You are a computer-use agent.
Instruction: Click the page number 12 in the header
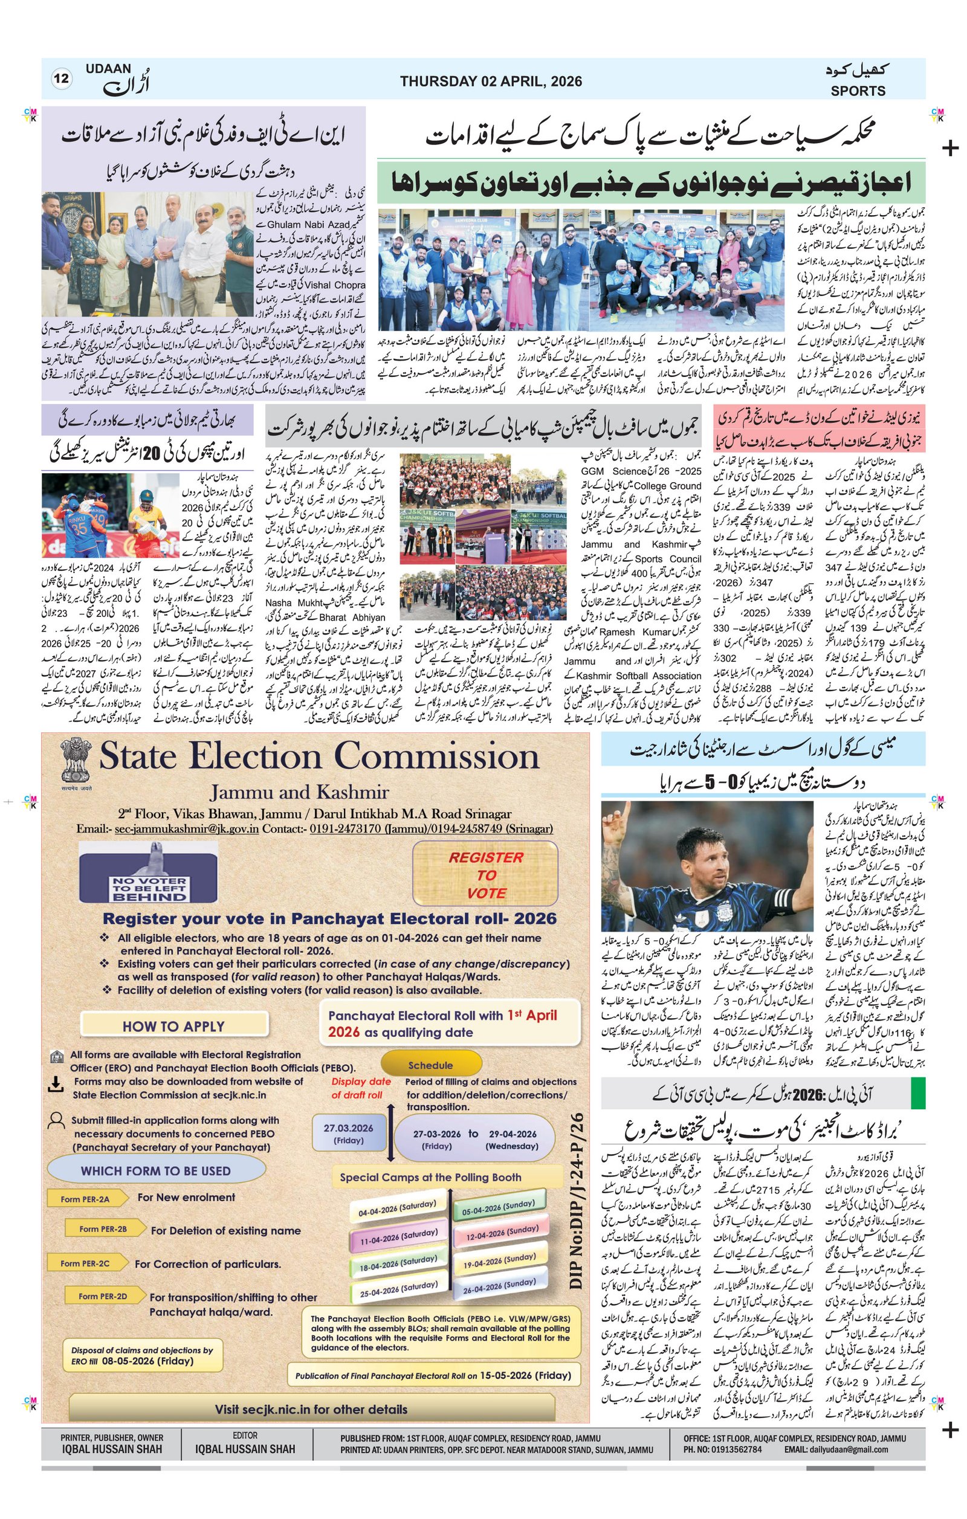click(x=61, y=79)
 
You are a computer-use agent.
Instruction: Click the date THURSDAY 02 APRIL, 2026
click(x=490, y=82)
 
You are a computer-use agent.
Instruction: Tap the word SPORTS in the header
click(x=857, y=91)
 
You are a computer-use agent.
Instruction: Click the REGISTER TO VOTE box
click(x=486, y=875)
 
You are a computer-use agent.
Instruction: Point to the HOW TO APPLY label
click(x=173, y=1027)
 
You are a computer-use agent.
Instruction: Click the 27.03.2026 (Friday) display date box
click(x=348, y=1134)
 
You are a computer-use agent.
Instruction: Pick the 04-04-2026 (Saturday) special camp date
click(x=398, y=1208)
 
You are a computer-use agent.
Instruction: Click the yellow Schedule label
click(x=430, y=1065)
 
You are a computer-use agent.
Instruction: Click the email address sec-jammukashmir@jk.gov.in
click(x=186, y=829)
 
